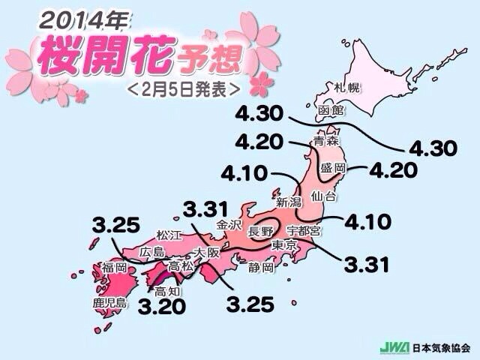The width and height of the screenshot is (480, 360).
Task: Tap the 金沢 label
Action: click(x=229, y=224)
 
